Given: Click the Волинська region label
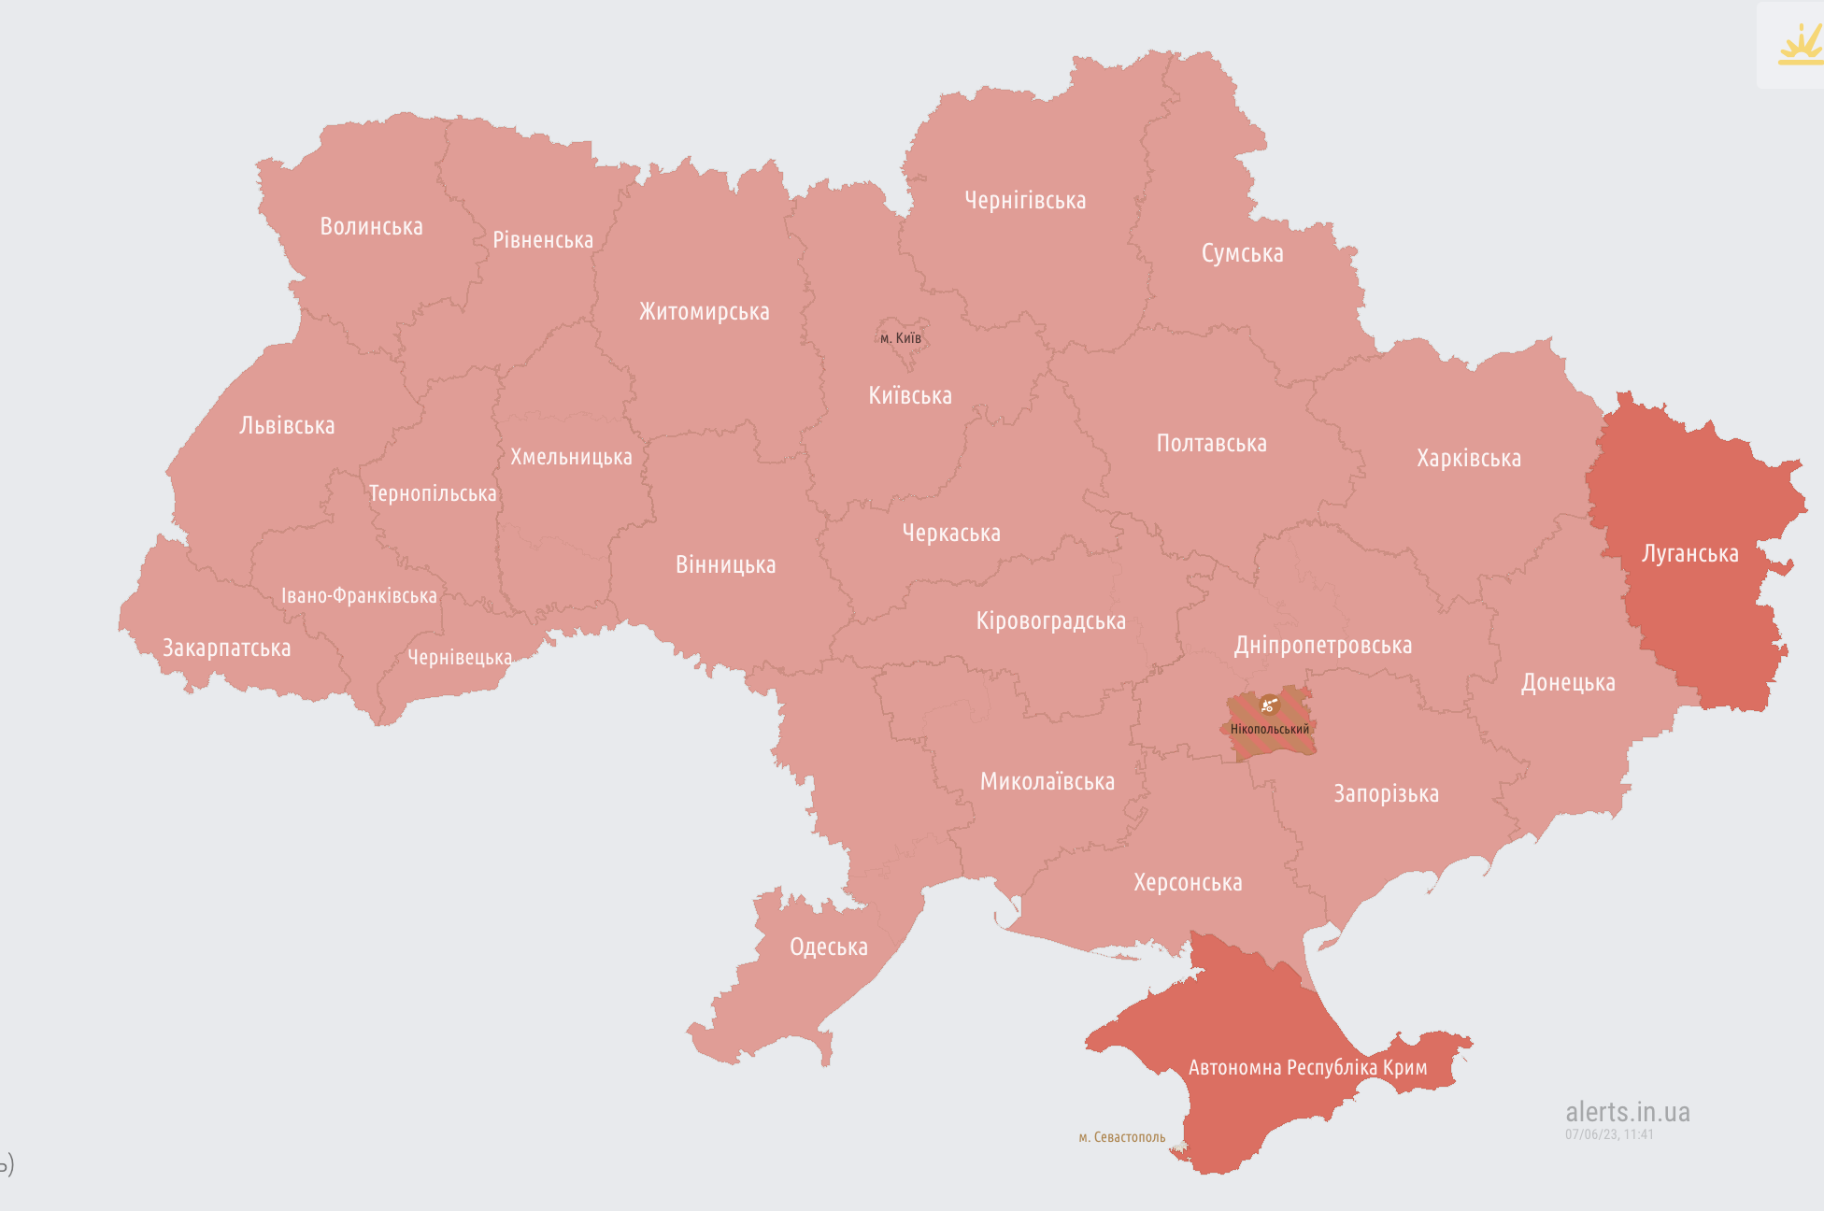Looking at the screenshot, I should tap(371, 227).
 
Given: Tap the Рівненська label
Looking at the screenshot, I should tap(543, 240).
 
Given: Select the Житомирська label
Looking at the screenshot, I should tap(704, 312).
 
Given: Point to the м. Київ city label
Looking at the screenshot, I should tap(901, 338).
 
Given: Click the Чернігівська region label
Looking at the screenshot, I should tap(1025, 201).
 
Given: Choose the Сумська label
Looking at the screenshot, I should tap(1242, 254).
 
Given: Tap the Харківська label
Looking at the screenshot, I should tap(1468, 459).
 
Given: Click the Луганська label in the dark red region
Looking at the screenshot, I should tap(1689, 554).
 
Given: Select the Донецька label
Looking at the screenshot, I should tap(1567, 683).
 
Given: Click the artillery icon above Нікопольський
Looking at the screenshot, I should tap(1268, 705).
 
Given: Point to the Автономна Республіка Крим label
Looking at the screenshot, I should tap(1307, 1068).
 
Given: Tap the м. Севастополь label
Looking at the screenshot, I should tap(1121, 1137).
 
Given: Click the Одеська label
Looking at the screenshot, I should tap(828, 947).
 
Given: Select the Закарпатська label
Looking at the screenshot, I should tap(226, 648).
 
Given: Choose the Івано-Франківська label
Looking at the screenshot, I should tap(359, 596).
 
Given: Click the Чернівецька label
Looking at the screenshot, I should tap(459, 658).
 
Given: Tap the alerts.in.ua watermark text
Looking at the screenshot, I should tap(1627, 1112).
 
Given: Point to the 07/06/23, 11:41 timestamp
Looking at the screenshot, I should tap(1609, 1134).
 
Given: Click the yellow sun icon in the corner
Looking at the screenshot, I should tap(1800, 44).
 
